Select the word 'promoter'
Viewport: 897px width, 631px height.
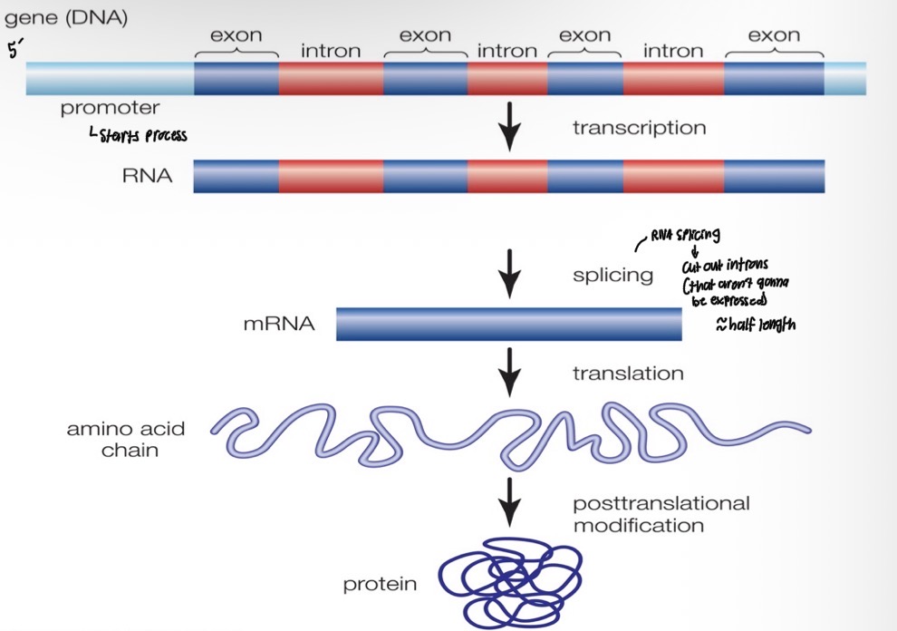(x=110, y=109)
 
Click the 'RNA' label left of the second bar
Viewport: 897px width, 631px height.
(x=147, y=175)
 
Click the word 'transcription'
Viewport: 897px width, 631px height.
(x=639, y=129)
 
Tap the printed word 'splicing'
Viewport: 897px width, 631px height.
(x=612, y=276)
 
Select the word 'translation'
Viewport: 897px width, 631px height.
(x=628, y=373)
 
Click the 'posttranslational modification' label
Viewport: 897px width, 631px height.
(x=661, y=514)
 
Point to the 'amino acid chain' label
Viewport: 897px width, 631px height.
(x=117, y=438)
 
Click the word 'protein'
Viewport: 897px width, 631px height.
(x=380, y=585)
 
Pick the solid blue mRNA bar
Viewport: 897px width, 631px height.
(x=508, y=325)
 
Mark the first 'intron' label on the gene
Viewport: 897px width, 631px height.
(x=331, y=51)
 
